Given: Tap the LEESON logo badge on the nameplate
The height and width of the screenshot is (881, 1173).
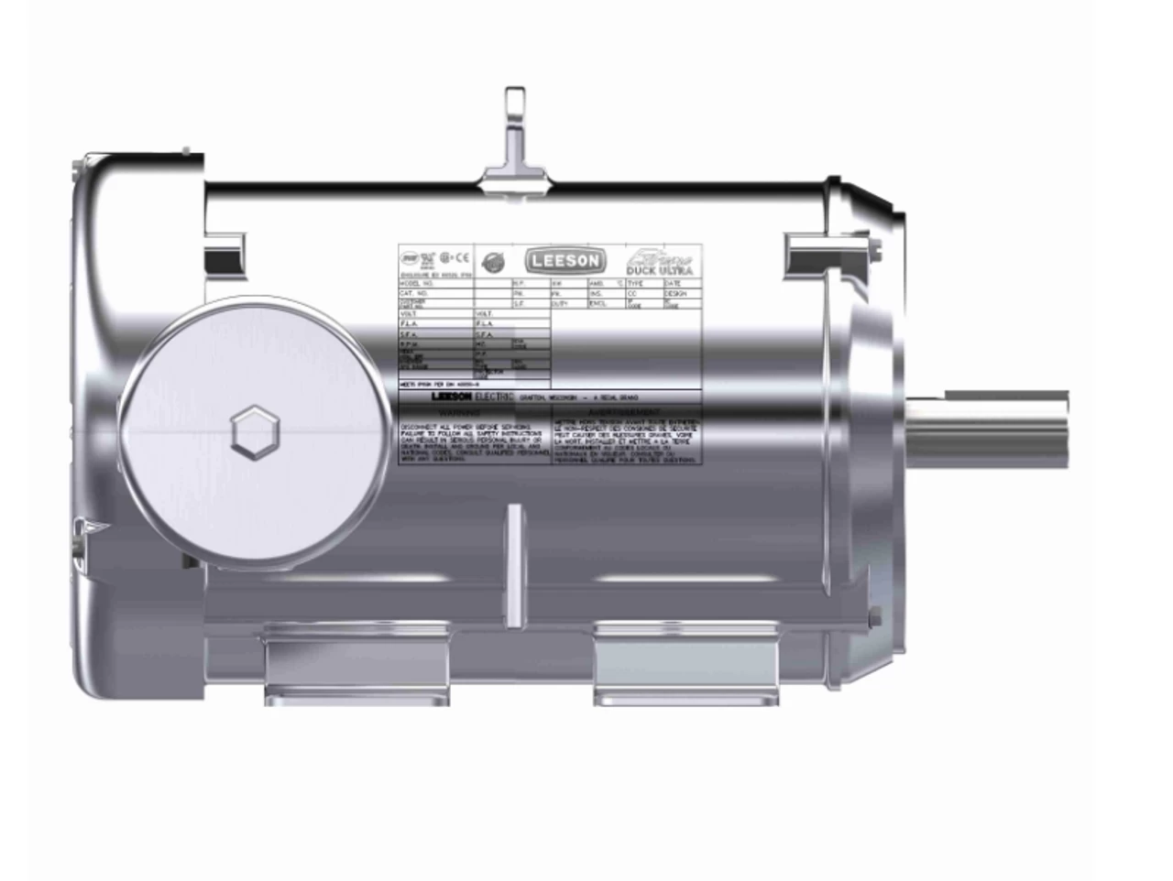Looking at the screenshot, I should click(x=564, y=261).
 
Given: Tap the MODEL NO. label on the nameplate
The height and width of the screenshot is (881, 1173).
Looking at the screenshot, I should click(x=415, y=285).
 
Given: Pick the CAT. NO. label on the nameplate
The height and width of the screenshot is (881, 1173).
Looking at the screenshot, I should click(x=413, y=294).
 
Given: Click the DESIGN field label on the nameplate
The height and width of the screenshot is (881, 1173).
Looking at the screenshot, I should click(x=675, y=294).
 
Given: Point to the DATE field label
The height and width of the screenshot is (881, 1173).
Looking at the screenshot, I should click(x=674, y=285).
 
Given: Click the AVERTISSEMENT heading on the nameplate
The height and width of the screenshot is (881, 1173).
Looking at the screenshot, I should click(x=628, y=414).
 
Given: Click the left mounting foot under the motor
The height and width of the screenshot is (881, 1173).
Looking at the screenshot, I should click(x=357, y=664).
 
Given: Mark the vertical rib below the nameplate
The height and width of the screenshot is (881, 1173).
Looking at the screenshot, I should click(x=515, y=568).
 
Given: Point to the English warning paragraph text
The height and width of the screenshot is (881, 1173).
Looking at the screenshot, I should click(x=474, y=442).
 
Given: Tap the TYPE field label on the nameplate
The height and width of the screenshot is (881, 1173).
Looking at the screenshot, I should click(x=637, y=285).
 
